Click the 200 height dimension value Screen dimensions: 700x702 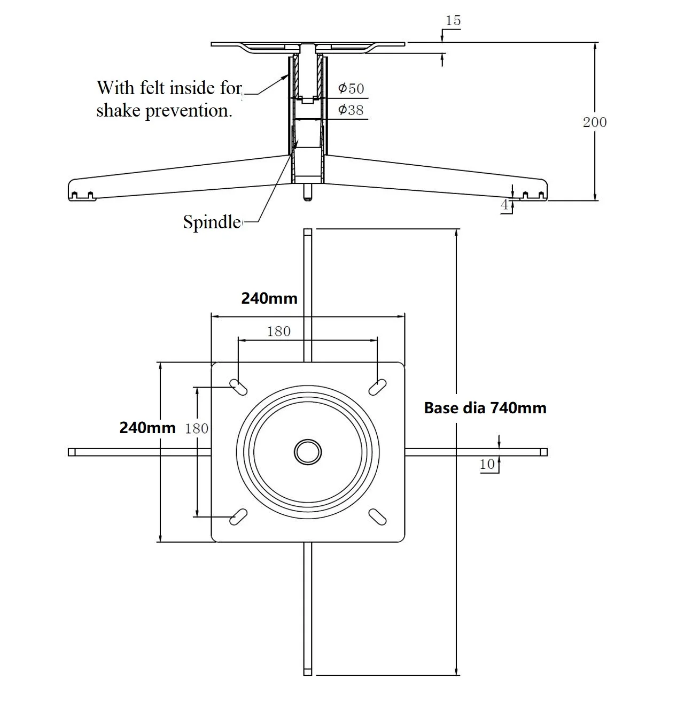tap(594, 122)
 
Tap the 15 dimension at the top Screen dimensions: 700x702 tap(453, 20)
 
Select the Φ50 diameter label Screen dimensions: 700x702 tap(351, 89)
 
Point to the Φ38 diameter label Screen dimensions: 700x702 tap(351, 110)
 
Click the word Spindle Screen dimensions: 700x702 tap(212, 222)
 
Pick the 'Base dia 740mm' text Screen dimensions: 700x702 tap(485, 408)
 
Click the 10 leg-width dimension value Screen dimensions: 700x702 tap(487, 465)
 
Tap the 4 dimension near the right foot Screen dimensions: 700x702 tap(504, 205)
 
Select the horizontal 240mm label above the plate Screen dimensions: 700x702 tap(269, 298)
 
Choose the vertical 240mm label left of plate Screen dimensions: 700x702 tap(147, 428)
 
